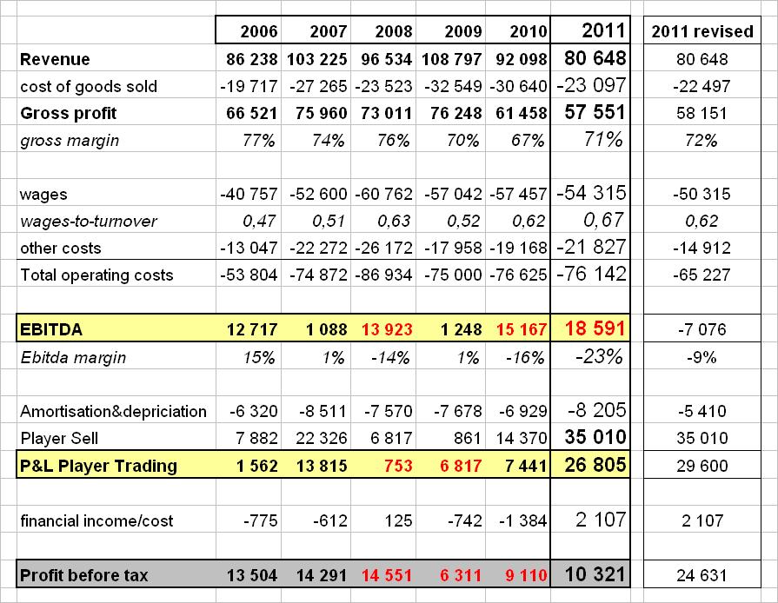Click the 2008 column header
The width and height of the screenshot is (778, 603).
[x=393, y=32]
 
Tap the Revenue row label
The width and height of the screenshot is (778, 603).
[x=55, y=59]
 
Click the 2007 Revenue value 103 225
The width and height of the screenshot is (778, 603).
[x=316, y=59]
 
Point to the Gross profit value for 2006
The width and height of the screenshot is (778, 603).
[x=250, y=113]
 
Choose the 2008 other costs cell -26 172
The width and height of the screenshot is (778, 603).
[x=384, y=248]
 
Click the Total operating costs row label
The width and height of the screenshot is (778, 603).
[x=96, y=275]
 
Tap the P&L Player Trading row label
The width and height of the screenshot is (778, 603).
[x=98, y=465]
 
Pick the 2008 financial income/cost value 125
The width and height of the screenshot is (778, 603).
[x=401, y=520]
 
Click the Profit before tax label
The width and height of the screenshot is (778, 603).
[x=84, y=574]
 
